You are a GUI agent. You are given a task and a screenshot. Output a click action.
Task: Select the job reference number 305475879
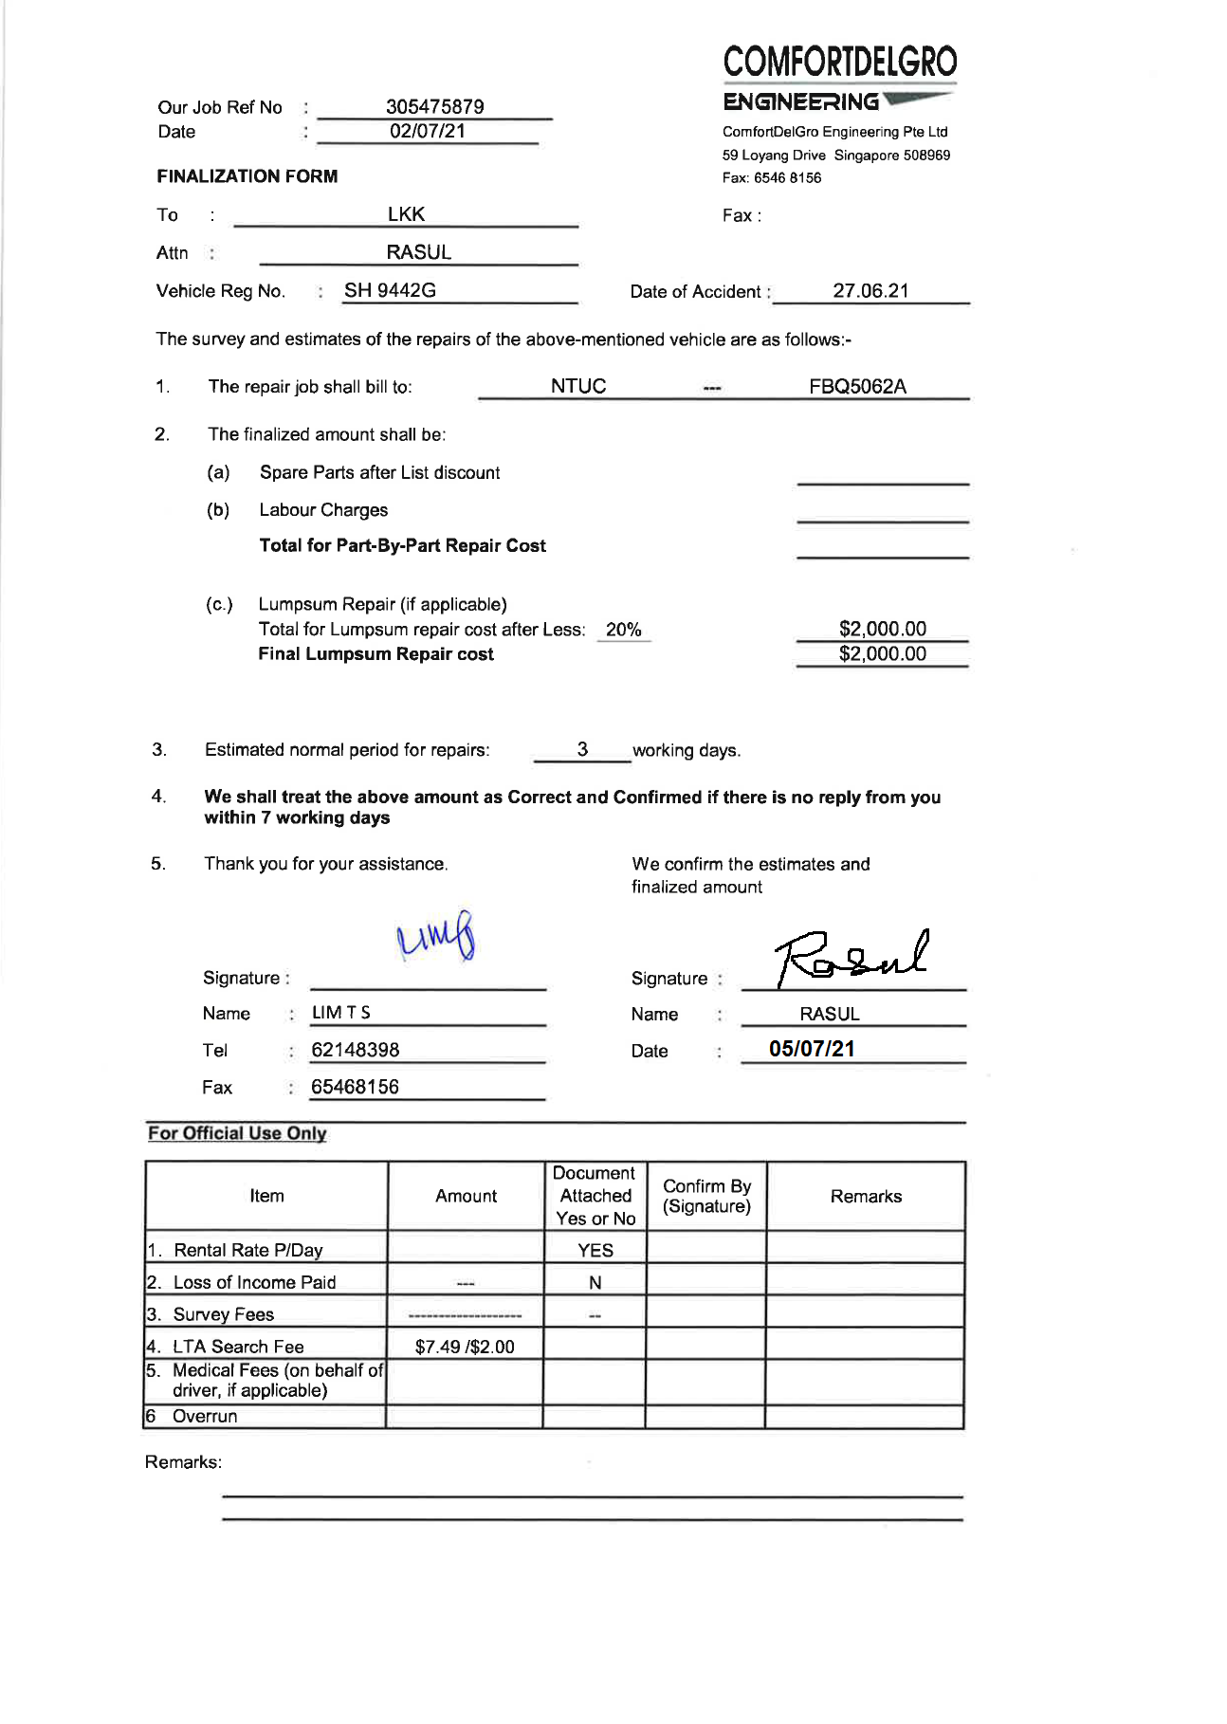click(x=434, y=106)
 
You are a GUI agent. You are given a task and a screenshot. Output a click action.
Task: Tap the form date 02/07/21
click(x=428, y=131)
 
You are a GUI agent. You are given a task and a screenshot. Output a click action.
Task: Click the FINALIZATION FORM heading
click(x=247, y=176)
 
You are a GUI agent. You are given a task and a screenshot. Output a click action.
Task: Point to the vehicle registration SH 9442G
click(x=390, y=290)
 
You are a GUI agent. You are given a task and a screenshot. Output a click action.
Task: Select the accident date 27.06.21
click(x=870, y=291)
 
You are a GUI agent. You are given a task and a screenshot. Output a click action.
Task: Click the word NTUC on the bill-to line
click(x=578, y=386)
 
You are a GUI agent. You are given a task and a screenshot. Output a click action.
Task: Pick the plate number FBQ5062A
click(x=857, y=386)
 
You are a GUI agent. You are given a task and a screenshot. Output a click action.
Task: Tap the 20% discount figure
click(x=623, y=630)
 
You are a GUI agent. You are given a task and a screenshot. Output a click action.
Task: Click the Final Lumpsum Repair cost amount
click(x=882, y=653)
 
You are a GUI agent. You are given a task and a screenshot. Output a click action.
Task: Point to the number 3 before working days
click(x=582, y=749)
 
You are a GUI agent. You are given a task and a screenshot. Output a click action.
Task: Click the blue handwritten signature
click(x=436, y=936)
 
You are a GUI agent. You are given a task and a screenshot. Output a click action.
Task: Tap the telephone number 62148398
click(x=356, y=1050)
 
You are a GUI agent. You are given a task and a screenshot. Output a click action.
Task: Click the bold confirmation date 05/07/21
click(x=812, y=1049)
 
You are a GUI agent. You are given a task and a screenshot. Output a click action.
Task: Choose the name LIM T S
click(x=341, y=1013)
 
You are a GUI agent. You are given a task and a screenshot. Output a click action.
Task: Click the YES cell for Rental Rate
click(x=595, y=1250)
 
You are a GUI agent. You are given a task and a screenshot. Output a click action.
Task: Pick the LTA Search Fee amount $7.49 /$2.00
click(x=465, y=1347)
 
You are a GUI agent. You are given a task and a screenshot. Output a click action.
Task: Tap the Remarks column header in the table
click(x=866, y=1197)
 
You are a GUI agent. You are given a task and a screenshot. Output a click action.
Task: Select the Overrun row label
click(x=205, y=1416)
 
